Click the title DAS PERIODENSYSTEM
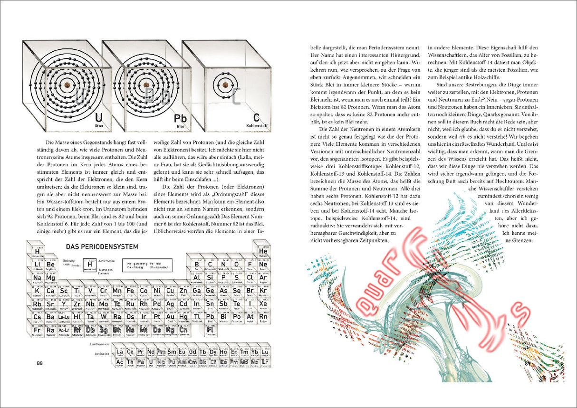coord(102,247)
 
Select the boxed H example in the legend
coord(89,265)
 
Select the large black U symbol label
coord(98,118)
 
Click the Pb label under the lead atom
coord(180,118)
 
